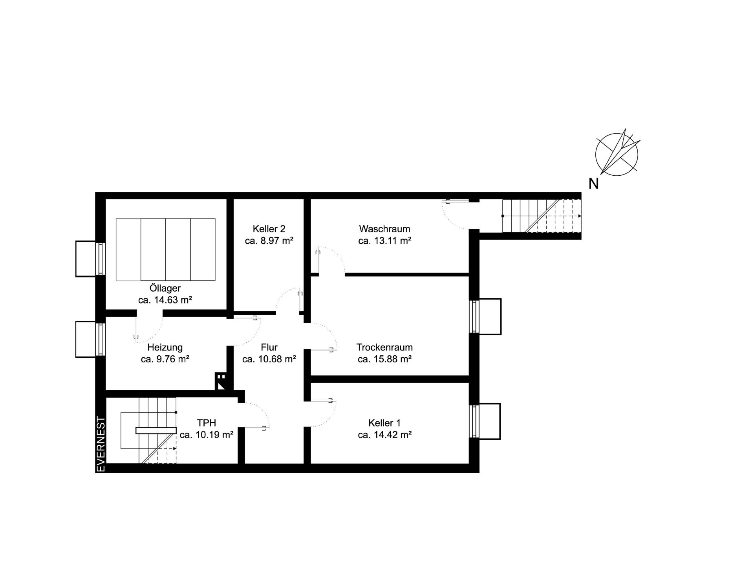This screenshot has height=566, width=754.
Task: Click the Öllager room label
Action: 165,288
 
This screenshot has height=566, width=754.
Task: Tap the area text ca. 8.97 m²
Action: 269,241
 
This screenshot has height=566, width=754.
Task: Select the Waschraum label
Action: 384,229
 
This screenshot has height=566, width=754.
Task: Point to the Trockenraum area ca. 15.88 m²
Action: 384,359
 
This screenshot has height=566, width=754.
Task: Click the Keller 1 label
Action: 384,423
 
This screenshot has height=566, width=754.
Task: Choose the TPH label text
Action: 207,423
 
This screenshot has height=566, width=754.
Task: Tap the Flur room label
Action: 269,347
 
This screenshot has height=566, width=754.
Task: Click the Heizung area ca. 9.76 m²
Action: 165,359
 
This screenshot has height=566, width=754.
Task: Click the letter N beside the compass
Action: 593,184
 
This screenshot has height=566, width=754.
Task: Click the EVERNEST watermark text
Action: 101,444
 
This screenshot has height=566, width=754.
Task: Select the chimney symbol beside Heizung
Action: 221,381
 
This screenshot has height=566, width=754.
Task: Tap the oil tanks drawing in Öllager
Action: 166,250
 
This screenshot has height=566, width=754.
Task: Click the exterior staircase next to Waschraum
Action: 541,216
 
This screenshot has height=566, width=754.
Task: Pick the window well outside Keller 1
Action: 485,421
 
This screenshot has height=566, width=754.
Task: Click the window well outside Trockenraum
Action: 486,317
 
